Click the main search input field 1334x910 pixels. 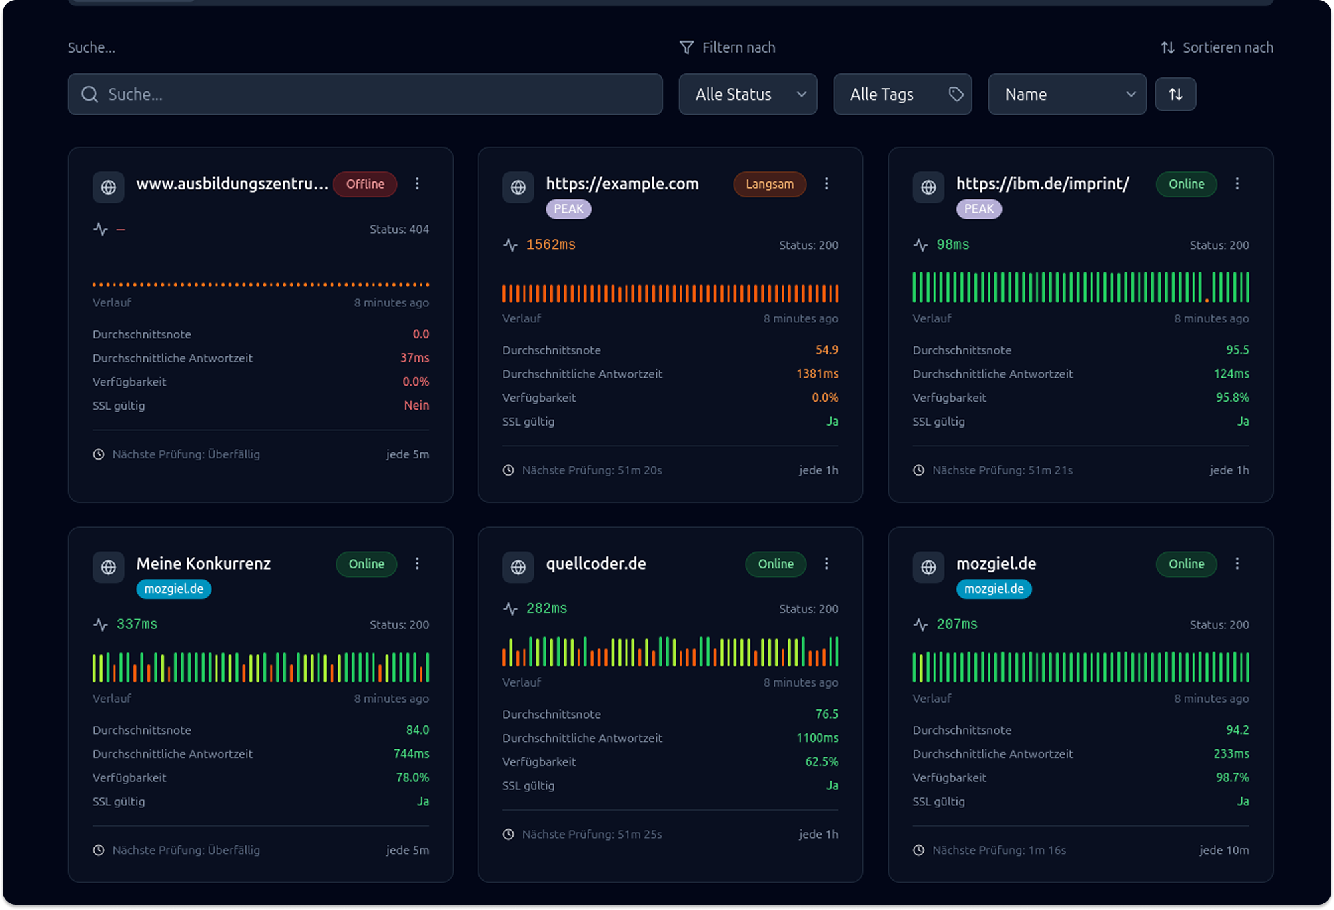[x=365, y=94]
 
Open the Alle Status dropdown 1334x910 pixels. [x=747, y=94]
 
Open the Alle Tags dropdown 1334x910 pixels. [x=902, y=94]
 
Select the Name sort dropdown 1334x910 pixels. [x=1067, y=94]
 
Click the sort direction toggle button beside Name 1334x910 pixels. [x=1175, y=94]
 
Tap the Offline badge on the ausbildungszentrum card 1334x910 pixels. [x=365, y=184]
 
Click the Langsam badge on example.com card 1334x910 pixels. [x=770, y=184]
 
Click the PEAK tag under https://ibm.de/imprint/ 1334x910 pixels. [x=978, y=209]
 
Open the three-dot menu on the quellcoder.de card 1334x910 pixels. [x=826, y=564]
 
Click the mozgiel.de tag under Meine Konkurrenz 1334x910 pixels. [x=173, y=589]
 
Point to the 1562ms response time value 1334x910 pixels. [x=550, y=245]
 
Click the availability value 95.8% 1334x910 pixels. [x=1232, y=398]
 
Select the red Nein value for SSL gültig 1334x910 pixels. [x=416, y=406]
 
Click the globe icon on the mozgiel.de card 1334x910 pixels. [x=928, y=568]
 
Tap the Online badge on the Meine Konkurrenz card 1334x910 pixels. [x=366, y=564]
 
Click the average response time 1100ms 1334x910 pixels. [x=817, y=738]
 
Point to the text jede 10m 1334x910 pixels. [x=1224, y=850]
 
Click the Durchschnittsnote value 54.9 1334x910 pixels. [x=826, y=350]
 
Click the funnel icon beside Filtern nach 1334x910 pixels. [x=686, y=47]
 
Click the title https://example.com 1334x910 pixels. [x=622, y=184]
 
